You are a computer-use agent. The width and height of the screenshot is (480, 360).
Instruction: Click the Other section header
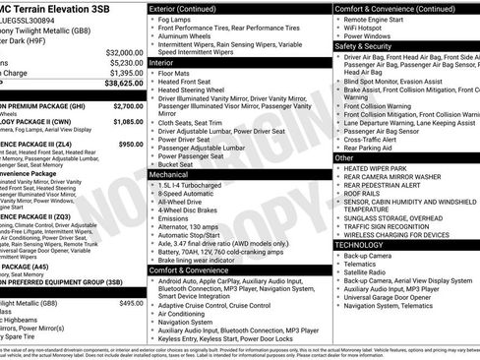344,157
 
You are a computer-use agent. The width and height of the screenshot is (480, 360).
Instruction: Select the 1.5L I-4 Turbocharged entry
201,185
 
